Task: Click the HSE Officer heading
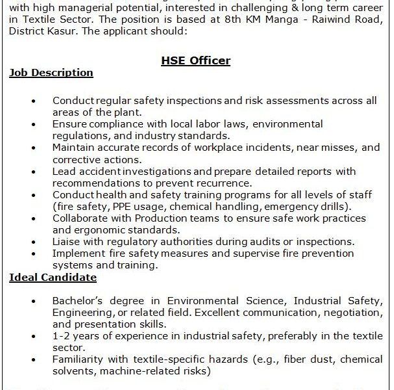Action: coord(195,60)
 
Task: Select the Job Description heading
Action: coord(51,73)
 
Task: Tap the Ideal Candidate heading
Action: coord(53,278)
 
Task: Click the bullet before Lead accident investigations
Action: coord(34,172)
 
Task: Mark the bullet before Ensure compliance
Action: coord(34,125)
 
